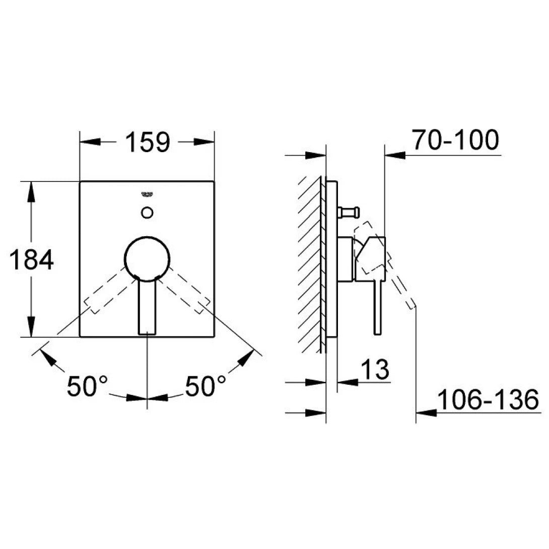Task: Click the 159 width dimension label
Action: [147, 143]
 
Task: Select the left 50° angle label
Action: [88, 387]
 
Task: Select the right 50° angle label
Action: [206, 387]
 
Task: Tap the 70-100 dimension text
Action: [455, 141]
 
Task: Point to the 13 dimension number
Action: [375, 371]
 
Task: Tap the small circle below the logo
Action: [147, 212]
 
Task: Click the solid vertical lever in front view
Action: [147, 307]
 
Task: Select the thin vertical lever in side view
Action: [376, 307]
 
